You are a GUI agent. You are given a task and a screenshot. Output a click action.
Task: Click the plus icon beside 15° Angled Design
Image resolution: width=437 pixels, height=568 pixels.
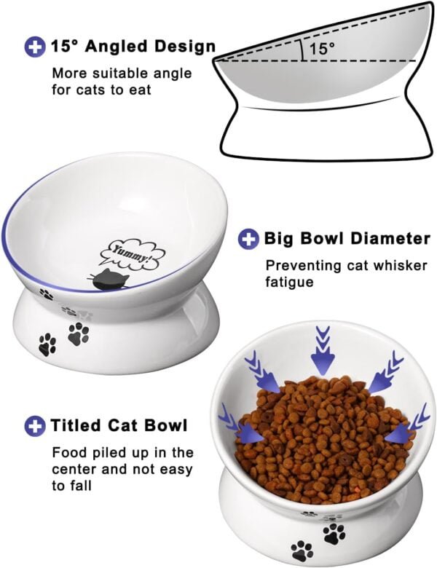coord(34,48)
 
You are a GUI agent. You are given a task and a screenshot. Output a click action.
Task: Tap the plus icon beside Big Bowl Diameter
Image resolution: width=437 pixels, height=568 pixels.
coord(249,239)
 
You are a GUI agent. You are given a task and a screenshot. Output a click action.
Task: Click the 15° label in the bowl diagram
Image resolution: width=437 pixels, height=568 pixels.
coord(321,49)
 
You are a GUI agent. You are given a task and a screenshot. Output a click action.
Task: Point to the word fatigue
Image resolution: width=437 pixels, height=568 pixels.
coord(289,282)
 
